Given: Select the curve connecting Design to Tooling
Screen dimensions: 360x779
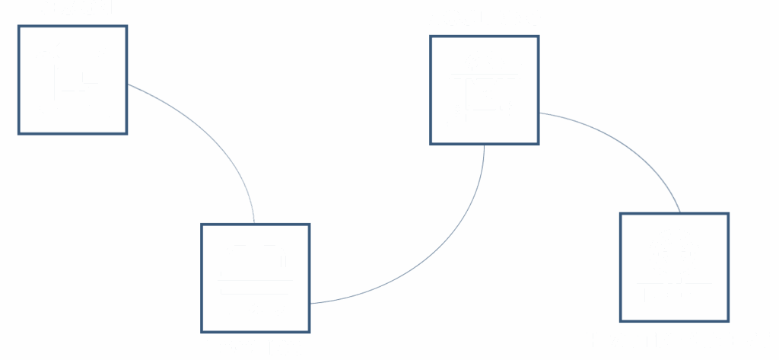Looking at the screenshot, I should (213, 137).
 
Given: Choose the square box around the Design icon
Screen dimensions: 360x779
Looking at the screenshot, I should (20, 80).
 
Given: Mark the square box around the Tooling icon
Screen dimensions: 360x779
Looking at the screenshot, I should (203, 278).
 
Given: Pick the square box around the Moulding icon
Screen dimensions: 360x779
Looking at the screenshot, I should (432, 90).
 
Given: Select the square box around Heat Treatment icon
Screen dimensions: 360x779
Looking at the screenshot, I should (622, 266).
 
